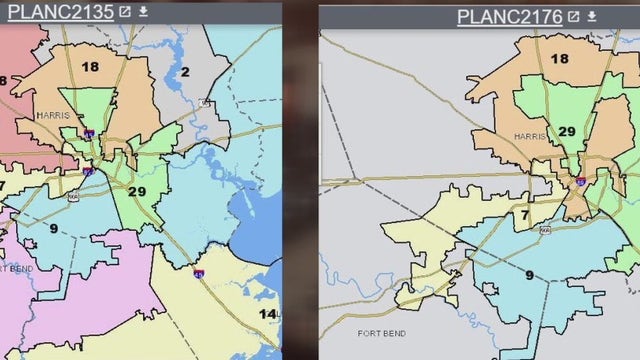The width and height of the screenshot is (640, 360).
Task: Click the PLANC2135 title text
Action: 58,13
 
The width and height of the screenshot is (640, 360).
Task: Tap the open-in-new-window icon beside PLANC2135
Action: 124,13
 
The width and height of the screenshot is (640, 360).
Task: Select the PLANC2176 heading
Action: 510,16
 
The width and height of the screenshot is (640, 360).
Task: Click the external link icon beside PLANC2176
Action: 573,16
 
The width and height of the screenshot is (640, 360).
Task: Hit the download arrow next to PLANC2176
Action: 591,16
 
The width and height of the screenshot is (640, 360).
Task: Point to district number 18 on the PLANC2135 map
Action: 91,67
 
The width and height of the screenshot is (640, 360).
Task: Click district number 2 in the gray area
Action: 185,72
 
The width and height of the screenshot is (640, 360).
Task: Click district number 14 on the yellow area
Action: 267,314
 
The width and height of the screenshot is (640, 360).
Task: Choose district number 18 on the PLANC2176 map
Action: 560,59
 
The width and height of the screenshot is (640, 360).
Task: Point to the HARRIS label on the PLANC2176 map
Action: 530,136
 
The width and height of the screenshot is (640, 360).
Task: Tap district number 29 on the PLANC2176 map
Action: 566,132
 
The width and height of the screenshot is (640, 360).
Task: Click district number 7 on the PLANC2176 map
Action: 523,214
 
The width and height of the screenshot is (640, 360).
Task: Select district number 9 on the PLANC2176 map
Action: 529,275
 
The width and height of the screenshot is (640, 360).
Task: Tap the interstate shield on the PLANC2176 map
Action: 581,181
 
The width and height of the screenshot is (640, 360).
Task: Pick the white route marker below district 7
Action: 545,230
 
